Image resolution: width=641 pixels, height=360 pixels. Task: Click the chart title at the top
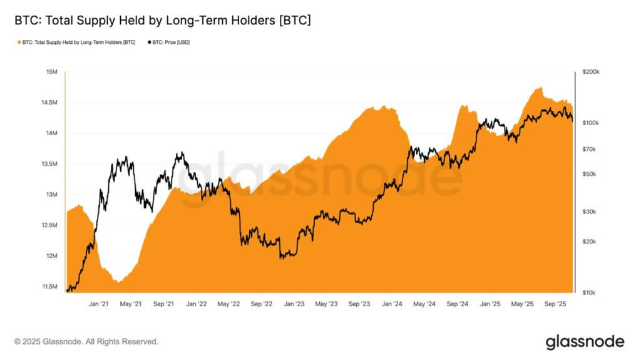[x=163, y=21]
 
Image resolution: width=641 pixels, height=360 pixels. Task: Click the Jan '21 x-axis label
[x=99, y=304]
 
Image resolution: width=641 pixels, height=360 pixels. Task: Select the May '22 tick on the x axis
[x=228, y=304]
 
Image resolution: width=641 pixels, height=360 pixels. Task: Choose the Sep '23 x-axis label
[x=359, y=304]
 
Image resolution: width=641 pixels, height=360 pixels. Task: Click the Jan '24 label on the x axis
[x=392, y=304]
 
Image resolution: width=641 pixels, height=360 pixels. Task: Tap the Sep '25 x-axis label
[x=555, y=304]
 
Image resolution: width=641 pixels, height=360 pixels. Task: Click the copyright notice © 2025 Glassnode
[x=86, y=342]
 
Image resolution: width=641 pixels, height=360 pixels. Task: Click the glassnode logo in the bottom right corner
[x=585, y=342]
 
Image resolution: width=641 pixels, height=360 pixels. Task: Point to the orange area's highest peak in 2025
[x=538, y=88]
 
